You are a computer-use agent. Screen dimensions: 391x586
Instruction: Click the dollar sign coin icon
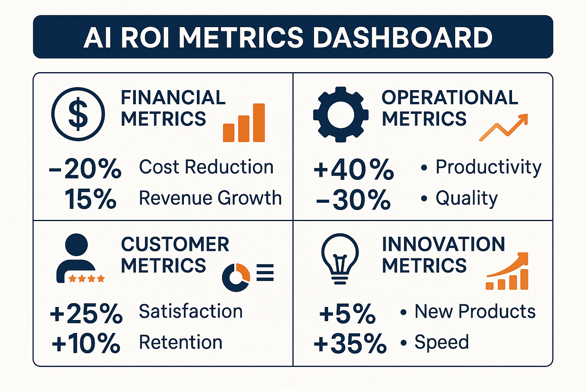click(78, 114)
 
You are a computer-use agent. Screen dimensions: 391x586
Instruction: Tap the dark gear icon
click(341, 114)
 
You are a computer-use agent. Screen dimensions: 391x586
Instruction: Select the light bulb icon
click(340, 258)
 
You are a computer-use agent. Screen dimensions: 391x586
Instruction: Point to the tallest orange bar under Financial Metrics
click(259, 123)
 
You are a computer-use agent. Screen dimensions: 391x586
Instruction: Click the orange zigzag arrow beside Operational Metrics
click(504, 127)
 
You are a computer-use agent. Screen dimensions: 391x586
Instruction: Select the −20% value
click(85, 168)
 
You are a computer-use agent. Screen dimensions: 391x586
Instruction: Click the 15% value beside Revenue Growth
click(90, 199)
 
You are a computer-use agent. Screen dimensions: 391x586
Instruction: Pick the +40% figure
click(353, 169)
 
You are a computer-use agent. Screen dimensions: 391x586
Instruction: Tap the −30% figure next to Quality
click(353, 200)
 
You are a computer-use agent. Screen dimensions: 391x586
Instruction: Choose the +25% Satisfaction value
click(86, 313)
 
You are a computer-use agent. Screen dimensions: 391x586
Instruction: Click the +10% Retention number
click(86, 343)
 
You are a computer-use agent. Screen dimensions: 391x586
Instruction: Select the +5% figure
click(347, 313)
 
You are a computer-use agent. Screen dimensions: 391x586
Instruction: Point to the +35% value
click(350, 343)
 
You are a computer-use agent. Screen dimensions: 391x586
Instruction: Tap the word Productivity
click(488, 167)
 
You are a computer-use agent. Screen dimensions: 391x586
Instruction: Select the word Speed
click(441, 342)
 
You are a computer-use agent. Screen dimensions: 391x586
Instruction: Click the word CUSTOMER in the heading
click(175, 244)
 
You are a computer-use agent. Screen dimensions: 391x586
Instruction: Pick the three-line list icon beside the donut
click(265, 273)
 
